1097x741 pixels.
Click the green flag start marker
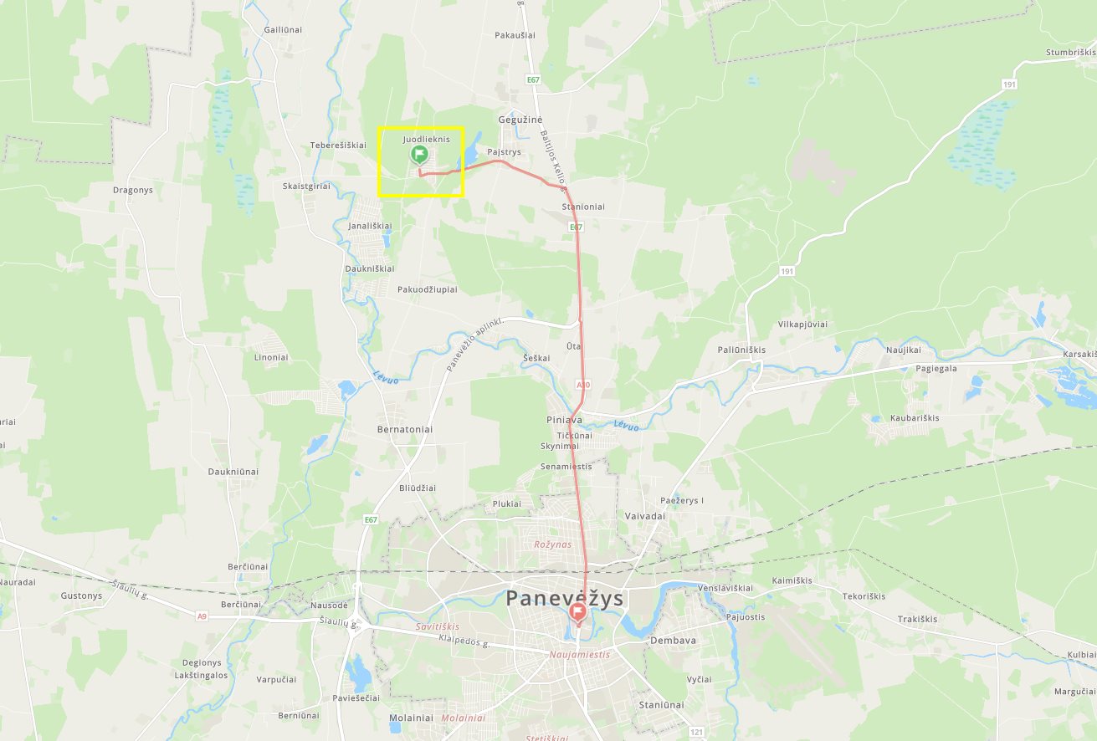[419, 154]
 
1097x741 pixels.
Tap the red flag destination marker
[577, 613]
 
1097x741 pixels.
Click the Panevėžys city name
[565, 598]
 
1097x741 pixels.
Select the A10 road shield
[583, 385]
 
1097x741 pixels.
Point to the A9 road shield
[202, 616]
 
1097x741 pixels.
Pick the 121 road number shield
[697, 731]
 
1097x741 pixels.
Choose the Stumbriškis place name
[1070, 52]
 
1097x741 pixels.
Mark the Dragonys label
[133, 190]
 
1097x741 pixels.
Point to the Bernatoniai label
[405, 429]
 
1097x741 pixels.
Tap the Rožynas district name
[552, 544]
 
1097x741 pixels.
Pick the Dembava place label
[673, 641]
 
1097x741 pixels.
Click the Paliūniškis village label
[741, 350]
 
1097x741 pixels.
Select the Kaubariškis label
[915, 417]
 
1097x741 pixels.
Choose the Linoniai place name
[270, 357]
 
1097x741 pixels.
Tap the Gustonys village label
[81, 596]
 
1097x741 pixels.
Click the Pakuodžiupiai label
[427, 289]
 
